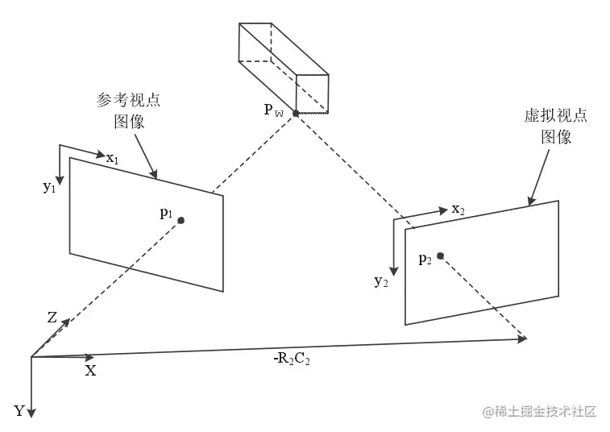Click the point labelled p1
[181, 220]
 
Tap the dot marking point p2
[441, 256]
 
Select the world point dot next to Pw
[296, 114]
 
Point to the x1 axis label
[112, 158]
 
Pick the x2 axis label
[458, 210]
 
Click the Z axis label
[52, 318]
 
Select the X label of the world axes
[90, 371]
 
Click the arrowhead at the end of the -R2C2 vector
[524, 340]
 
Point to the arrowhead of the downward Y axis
[31, 413]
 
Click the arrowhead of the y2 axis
[393, 272]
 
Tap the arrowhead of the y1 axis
[59, 177]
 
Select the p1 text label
[166, 213]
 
